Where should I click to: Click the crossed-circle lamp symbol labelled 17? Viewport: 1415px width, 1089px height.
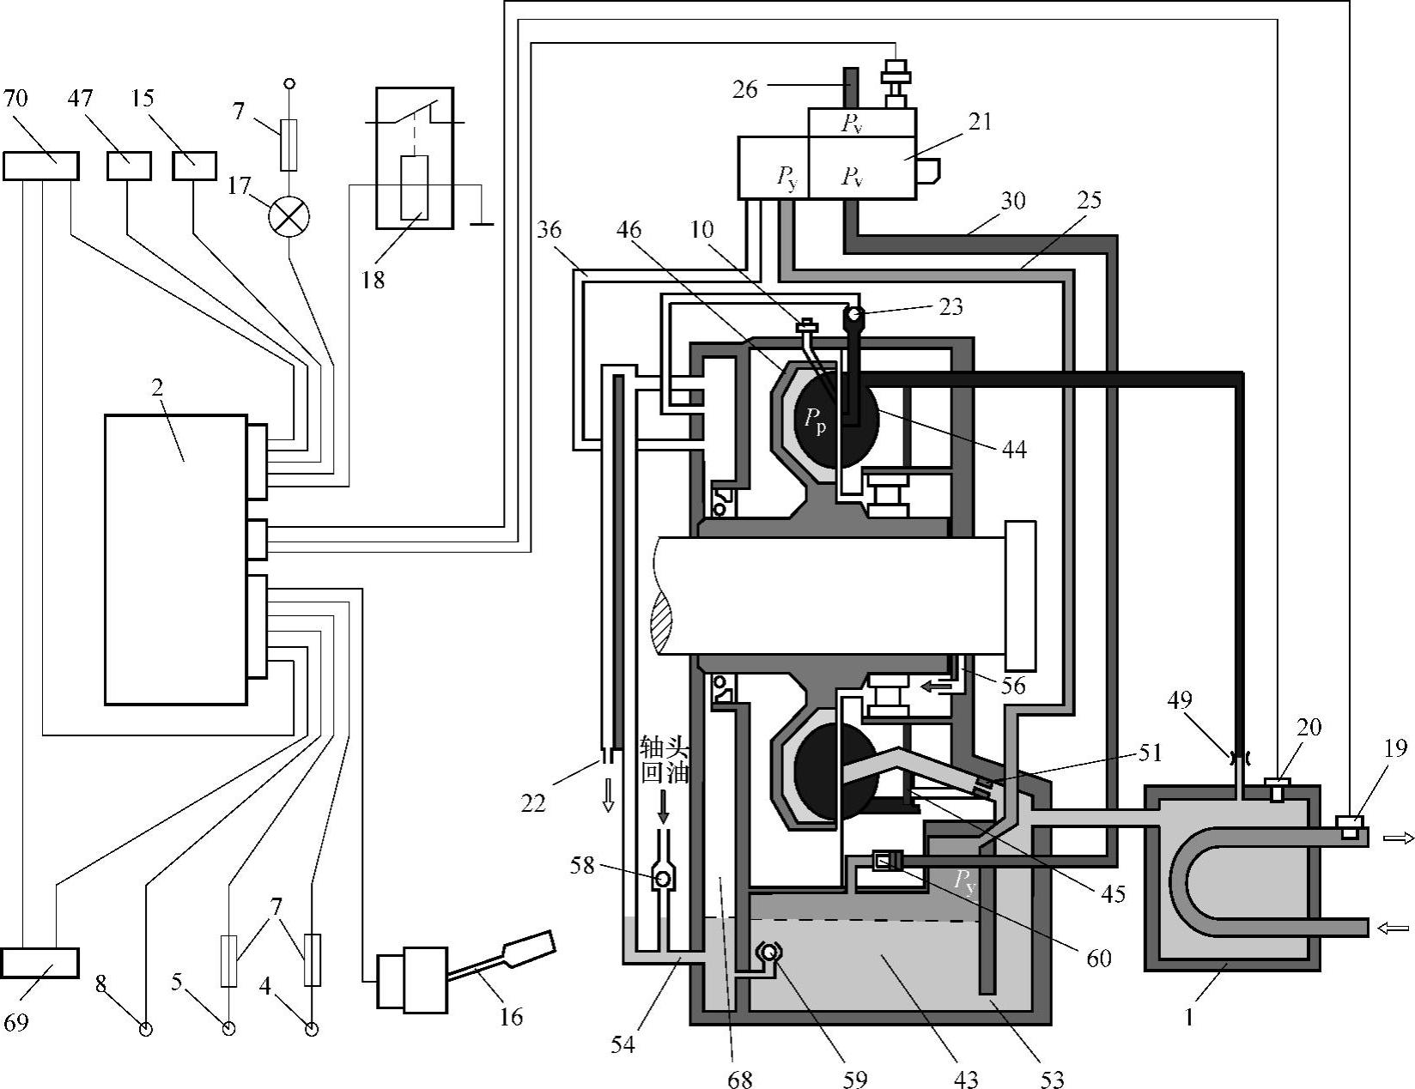(x=289, y=216)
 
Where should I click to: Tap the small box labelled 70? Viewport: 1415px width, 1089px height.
(x=41, y=166)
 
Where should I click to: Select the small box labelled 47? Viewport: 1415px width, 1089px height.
(x=129, y=166)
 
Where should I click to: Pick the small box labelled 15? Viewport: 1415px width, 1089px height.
(x=194, y=166)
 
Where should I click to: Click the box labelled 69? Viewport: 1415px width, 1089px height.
(x=39, y=963)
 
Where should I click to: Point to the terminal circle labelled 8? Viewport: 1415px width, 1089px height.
(x=146, y=1029)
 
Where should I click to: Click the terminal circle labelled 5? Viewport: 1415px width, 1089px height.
(x=228, y=1029)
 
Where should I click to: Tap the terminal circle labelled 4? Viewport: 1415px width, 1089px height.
(x=312, y=1029)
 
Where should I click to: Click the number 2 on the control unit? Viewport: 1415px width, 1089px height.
(x=157, y=388)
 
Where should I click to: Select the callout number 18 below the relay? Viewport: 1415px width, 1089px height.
(x=373, y=280)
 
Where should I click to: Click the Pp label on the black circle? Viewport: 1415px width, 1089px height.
(x=815, y=420)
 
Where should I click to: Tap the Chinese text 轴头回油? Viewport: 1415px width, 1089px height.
(x=665, y=759)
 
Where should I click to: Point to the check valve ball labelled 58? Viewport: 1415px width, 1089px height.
(x=664, y=880)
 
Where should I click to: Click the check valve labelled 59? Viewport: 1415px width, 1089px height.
(x=768, y=953)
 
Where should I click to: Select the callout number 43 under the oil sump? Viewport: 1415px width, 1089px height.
(x=966, y=1079)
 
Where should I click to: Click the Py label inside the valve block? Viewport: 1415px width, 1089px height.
(x=786, y=178)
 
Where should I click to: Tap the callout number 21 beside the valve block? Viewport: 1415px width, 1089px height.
(x=980, y=122)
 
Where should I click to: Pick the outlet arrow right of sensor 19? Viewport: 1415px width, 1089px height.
(x=1400, y=838)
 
